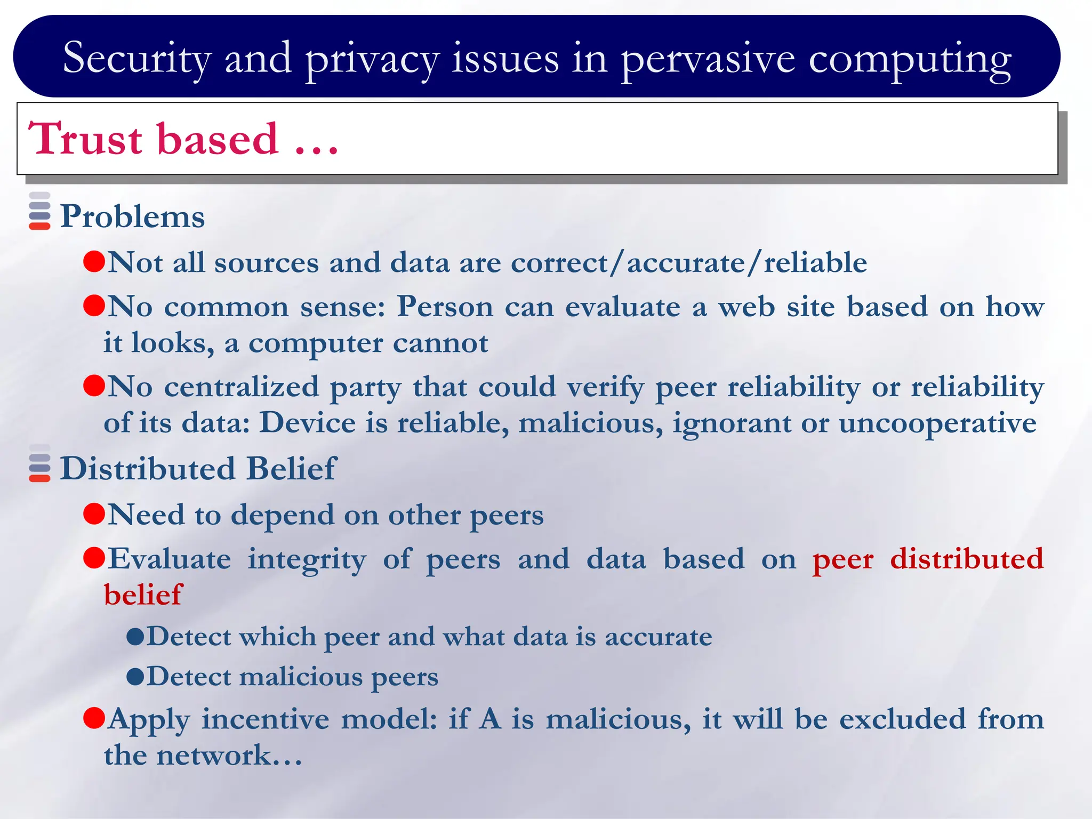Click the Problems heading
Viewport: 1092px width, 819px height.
pyautogui.click(x=132, y=216)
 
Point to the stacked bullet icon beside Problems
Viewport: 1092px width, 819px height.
pyautogui.click(x=39, y=211)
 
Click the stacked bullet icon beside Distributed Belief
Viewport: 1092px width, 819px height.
pyautogui.click(x=39, y=463)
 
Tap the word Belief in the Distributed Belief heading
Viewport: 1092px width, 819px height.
pyautogui.click(x=291, y=469)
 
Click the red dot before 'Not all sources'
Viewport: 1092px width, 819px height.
pyautogui.click(x=94, y=261)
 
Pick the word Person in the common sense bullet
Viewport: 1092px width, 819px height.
pyautogui.click(x=445, y=307)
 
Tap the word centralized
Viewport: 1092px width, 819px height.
pyautogui.click(x=241, y=387)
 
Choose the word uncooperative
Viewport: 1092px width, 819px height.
pyautogui.click(x=937, y=423)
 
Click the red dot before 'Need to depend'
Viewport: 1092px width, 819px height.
pyautogui.click(x=94, y=514)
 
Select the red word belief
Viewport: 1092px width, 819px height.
pyautogui.click(x=143, y=595)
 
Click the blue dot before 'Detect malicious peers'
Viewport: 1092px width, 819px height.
pyautogui.click(x=135, y=677)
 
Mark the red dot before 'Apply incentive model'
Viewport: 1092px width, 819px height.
pyautogui.click(x=94, y=718)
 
